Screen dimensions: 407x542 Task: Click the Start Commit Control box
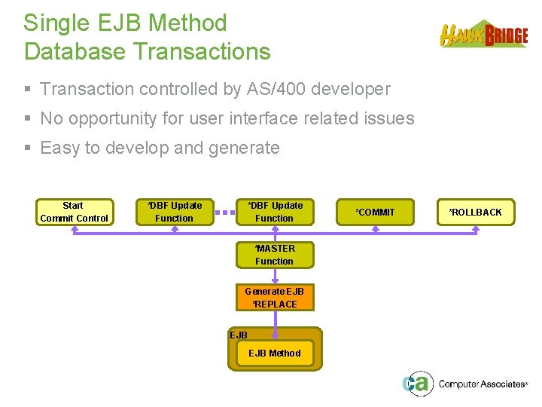(x=74, y=212)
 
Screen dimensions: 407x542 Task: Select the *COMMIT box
(x=375, y=212)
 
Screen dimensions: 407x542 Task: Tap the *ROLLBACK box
(x=475, y=212)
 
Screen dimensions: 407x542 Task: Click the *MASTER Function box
(x=275, y=255)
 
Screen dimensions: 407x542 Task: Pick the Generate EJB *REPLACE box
(x=275, y=298)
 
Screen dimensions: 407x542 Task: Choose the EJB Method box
(x=274, y=353)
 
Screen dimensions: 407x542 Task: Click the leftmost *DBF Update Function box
(x=174, y=212)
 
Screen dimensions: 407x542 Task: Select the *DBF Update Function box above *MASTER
(x=275, y=212)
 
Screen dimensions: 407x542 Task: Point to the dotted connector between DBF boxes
(x=224, y=213)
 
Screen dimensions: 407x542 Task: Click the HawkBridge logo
(x=483, y=35)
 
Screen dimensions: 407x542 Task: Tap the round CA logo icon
(x=417, y=384)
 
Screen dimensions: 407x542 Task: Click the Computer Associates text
(x=482, y=384)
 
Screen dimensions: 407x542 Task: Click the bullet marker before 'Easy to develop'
(x=28, y=148)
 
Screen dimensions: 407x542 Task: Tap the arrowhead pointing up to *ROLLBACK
(x=475, y=228)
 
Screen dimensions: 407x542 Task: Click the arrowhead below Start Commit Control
(x=74, y=228)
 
